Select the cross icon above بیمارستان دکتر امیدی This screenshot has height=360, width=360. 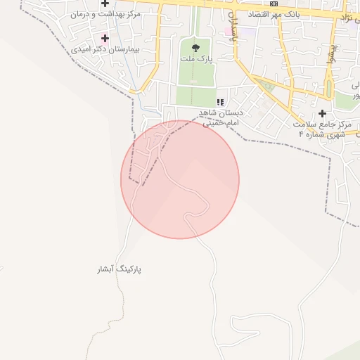point(105,38)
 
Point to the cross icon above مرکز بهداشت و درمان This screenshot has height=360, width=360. point(105,4)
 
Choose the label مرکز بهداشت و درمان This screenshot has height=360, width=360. point(105,14)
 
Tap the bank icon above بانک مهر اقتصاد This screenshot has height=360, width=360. point(274,4)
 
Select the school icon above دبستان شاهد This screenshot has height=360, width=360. point(221,102)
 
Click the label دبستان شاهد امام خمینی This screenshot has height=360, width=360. point(221,117)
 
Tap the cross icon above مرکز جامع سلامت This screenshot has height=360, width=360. point(322,113)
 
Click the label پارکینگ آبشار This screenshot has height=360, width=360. point(120,269)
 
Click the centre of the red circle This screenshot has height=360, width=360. point(180,179)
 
